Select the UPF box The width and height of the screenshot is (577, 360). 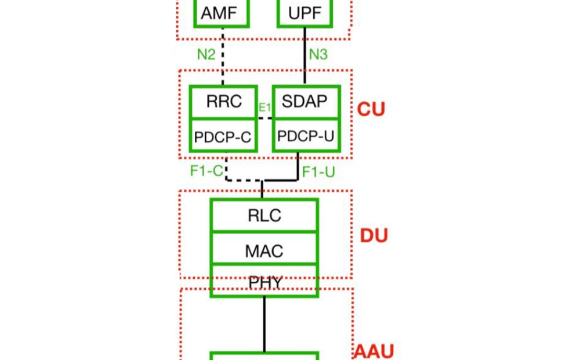tap(304, 13)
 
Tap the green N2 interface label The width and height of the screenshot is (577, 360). tap(206, 54)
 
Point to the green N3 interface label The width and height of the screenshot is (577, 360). tap(318, 54)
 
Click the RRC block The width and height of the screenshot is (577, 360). tap(223, 102)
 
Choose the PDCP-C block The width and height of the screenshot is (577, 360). tap(223, 137)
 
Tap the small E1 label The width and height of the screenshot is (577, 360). tap(265, 108)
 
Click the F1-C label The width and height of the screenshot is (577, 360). tap(206, 171)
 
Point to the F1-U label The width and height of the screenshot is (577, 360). tap(319, 172)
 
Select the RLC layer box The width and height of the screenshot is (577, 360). tap(264, 215)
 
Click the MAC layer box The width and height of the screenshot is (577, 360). tap(264, 250)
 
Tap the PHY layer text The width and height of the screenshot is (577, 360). tap(265, 283)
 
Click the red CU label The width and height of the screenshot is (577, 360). tap(371, 110)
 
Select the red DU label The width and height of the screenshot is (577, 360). tap(374, 236)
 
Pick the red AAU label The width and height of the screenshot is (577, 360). tap(374, 352)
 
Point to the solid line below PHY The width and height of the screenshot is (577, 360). tap(264, 323)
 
